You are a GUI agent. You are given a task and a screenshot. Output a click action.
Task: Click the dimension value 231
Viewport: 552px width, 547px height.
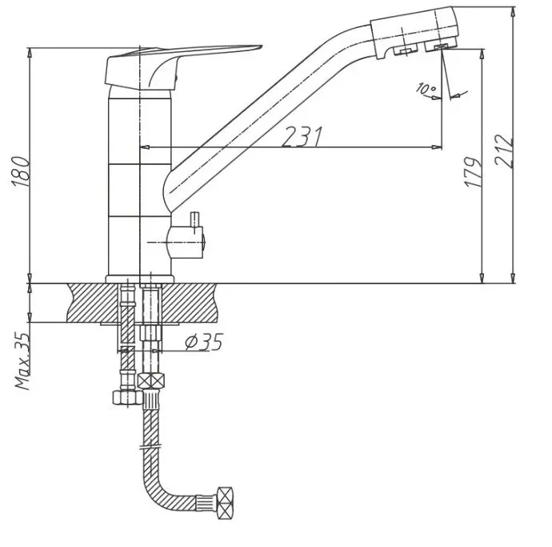(x=302, y=136)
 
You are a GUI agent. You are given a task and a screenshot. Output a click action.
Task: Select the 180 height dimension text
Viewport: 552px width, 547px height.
(x=21, y=171)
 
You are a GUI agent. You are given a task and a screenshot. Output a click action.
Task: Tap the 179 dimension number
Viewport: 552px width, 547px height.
(x=473, y=172)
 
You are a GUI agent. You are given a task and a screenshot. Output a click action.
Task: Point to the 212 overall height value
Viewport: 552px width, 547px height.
(x=503, y=151)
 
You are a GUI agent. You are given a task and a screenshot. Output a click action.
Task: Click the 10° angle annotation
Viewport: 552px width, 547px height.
(x=426, y=88)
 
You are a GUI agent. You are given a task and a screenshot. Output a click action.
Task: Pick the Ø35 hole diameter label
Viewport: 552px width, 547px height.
(x=204, y=342)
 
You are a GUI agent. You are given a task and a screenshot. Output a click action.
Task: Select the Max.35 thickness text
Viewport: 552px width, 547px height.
(x=22, y=360)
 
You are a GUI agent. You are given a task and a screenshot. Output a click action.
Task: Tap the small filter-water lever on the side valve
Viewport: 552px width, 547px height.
(x=194, y=223)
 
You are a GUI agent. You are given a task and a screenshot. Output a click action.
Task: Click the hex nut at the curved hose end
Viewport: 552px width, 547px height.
(x=225, y=503)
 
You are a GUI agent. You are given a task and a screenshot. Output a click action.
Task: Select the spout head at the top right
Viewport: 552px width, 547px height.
(x=414, y=33)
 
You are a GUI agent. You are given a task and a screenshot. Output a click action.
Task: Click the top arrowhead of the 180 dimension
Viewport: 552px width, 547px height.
(x=30, y=53)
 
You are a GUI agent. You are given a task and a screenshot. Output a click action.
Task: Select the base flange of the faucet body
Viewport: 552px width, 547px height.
(x=140, y=280)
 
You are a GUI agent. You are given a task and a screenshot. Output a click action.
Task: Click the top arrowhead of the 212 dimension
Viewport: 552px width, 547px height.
(x=514, y=12)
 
